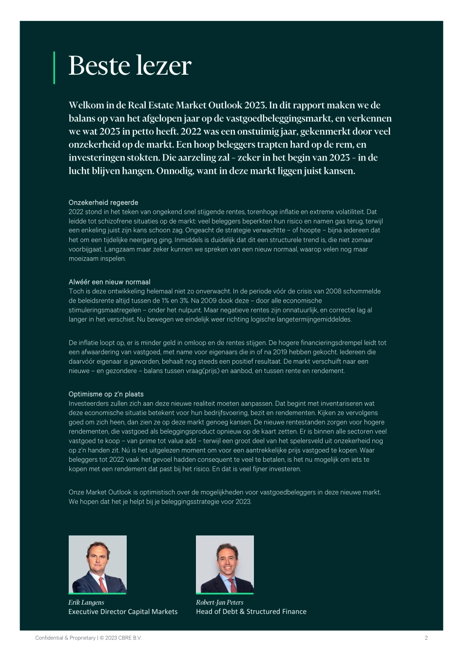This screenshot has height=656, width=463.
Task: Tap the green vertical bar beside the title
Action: coord(54,67)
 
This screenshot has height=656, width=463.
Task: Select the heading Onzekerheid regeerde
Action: coord(103,203)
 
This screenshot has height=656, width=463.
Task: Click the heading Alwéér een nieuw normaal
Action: coord(109,282)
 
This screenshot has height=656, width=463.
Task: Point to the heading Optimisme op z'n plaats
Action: coord(106,394)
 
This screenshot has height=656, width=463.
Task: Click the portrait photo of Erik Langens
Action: coord(97,564)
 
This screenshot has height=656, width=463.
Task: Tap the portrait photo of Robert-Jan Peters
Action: coord(225,564)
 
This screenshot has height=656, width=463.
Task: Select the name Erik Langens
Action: coord(86,602)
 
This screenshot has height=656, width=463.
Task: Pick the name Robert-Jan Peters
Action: coord(219,602)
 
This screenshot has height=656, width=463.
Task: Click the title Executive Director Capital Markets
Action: coord(123,612)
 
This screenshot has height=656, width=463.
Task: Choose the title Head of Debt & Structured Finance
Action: coord(251,612)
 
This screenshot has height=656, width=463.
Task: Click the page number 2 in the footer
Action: coord(426,637)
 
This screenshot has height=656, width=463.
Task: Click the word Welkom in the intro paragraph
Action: coord(86,105)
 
